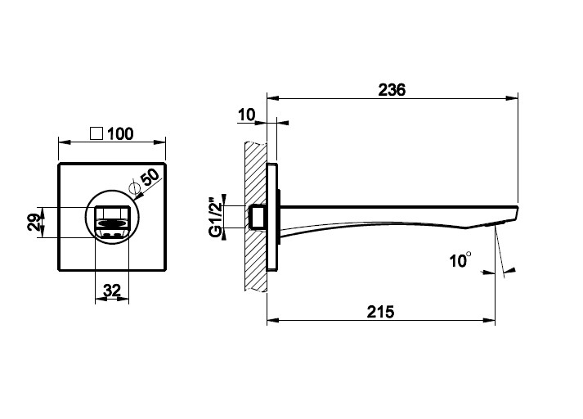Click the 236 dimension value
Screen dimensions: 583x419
coord(392,90)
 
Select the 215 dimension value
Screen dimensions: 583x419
coord(380,312)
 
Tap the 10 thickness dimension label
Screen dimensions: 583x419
coord(246,115)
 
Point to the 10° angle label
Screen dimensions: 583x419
coord(460,259)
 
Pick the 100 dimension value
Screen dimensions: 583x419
coord(120,134)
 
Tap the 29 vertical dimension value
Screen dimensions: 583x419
coord(34,222)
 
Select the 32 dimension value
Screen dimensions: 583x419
coord(112,291)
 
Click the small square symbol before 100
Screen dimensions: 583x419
coord(96,133)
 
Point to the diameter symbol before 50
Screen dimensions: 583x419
coord(136,188)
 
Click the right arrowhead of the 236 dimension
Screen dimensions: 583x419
coord(513,98)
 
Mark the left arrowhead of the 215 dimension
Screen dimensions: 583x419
coord(273,320)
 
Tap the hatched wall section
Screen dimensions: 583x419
coord(255,217)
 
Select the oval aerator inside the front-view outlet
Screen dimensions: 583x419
coord(112,223)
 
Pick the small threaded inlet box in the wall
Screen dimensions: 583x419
coord(258,217)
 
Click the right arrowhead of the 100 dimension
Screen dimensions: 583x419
coord(160,142)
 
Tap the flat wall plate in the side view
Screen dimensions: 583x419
coord(272,217)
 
